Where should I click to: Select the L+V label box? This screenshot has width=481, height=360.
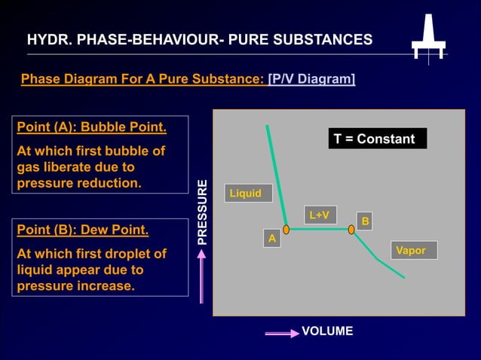(320, 215)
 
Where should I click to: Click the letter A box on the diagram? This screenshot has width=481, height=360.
(272, 238)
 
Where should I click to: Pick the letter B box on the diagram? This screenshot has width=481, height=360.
(365, 221)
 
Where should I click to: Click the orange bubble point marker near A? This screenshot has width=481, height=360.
(286, 229)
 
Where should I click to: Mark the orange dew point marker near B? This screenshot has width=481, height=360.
(351, 229)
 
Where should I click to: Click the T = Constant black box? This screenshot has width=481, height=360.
(377, 139)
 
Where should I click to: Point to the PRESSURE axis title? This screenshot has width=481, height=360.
(201, 212)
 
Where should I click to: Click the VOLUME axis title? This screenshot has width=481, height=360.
(327, 331)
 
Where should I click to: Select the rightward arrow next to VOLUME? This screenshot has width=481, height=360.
(281, 333)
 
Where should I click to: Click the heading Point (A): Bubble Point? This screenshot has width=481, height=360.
(91, 127)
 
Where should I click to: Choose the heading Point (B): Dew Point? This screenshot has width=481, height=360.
(82, 230)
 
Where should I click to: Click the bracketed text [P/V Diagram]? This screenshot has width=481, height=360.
(311, 79)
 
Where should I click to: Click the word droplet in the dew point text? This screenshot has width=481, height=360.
(142, 254)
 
